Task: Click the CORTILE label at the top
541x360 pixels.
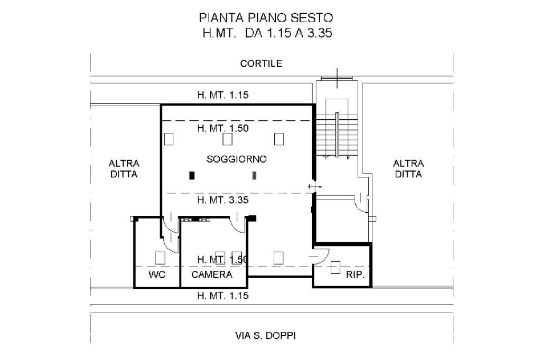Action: (x=261, y=64)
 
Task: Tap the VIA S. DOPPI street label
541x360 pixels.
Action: (x=269, y=335)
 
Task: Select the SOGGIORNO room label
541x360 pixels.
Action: (x=236, y=159)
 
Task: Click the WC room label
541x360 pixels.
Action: (x=157, y=274)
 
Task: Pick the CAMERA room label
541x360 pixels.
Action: (x=212, y=274)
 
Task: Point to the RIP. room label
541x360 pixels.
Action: (x=356, y=275)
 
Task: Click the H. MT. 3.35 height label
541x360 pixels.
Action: (x=222, y=200)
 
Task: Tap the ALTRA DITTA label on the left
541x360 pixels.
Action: (x=124, y=169)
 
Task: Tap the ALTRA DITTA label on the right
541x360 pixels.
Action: (x=408, y=169)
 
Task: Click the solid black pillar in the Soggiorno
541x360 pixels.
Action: (x=192, y=175)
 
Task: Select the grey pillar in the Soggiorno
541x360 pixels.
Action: (x=255, y=175)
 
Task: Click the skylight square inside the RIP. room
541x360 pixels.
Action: (x=335, y=267)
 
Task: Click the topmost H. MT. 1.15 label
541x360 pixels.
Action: (x=222, y=96)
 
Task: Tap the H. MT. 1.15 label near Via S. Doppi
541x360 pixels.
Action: (x=222, y=296)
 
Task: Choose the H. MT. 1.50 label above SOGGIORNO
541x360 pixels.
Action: (x=222, y=128)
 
